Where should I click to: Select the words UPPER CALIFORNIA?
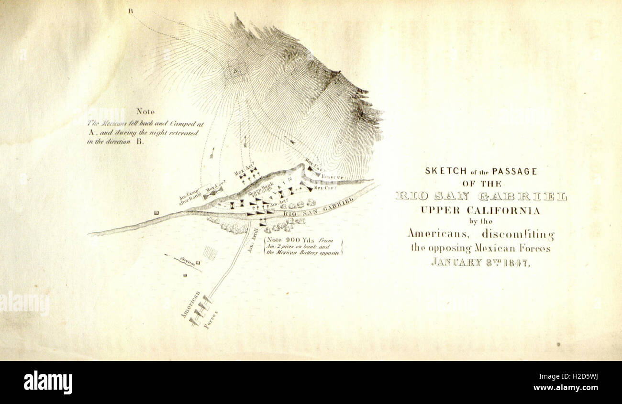click(x=480, y=210)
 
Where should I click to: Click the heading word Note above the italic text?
click(x=145, y=111)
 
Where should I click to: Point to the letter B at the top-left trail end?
click(x=130, y=11)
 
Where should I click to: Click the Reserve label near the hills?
click(x=332, y=177)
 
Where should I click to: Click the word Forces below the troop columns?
click(x=211, y=320)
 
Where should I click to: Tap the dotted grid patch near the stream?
click(x=210, y=252)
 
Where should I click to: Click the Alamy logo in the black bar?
click(x=48, y=382)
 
